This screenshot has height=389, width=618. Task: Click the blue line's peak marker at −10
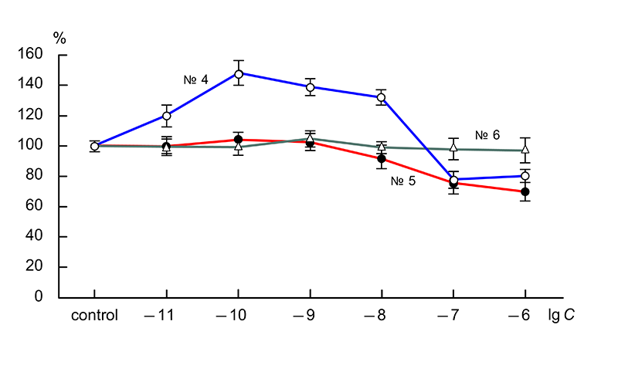[x=238, y=74]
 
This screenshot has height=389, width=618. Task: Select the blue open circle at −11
[x=166, y=116]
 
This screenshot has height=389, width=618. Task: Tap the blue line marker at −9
[x=310, y=87]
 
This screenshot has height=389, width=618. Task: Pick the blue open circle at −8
[x=381, y=97]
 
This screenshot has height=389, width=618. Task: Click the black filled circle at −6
[x=525, y=191]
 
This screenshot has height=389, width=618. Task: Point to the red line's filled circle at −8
[x=381, y=159]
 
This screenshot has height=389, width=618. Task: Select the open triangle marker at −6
[x=525, y=150]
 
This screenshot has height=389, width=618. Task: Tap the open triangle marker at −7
[x=453, y=147]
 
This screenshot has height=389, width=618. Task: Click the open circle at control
[x=94, y=146]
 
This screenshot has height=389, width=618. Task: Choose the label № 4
[x=195, y=79]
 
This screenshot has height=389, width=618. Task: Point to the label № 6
[x=487, y=135]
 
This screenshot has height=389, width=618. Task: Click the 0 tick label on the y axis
[x=43, y=297]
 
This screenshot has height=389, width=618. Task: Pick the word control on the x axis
[x=94, y=316]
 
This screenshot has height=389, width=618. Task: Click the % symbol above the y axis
[x=59, y=37]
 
